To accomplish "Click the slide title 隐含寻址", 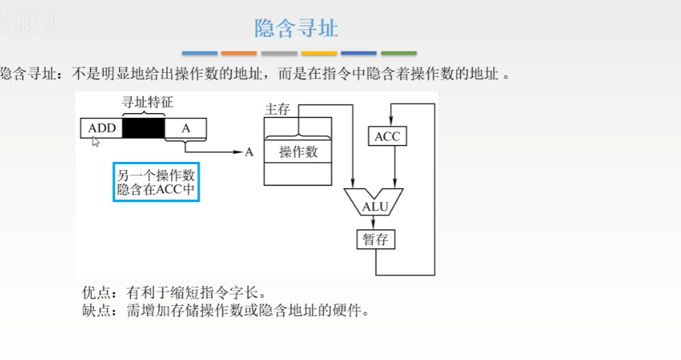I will (296, 28).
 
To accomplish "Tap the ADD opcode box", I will (102, 128).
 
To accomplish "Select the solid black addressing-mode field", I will (143, 128).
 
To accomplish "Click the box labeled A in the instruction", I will (185, 128).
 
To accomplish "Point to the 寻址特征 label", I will (147, 102).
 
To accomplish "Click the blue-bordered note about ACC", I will (157, 182).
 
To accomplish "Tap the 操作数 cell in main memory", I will (298, 152).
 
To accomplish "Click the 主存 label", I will (277, 109).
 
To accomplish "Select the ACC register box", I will (387, 137).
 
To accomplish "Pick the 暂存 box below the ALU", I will (375, 239).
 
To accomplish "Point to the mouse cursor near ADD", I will (95, 141).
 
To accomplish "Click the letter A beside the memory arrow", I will (249, 153).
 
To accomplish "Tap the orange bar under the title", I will (239, 53).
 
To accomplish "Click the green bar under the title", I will (398, 53).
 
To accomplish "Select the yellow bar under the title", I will (319, 53).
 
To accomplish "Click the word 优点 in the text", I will (94, 293).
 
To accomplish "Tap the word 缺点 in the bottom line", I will (94, 310).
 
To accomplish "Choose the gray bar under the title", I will (279, 53).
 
